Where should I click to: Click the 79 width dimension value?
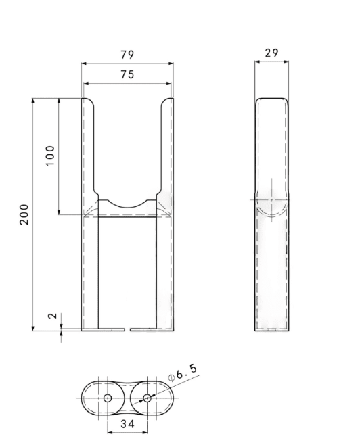[127, 55]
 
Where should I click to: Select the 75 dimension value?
[127, 75]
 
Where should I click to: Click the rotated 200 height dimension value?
[24, 214]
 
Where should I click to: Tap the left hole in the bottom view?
[107, 398]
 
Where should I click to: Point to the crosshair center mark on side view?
[271, 199]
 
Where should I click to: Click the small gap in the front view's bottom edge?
[128, 331]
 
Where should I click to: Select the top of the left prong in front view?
[87, 99]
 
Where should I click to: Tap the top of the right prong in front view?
[167, 99]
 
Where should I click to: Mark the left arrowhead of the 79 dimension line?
[84, 64]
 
